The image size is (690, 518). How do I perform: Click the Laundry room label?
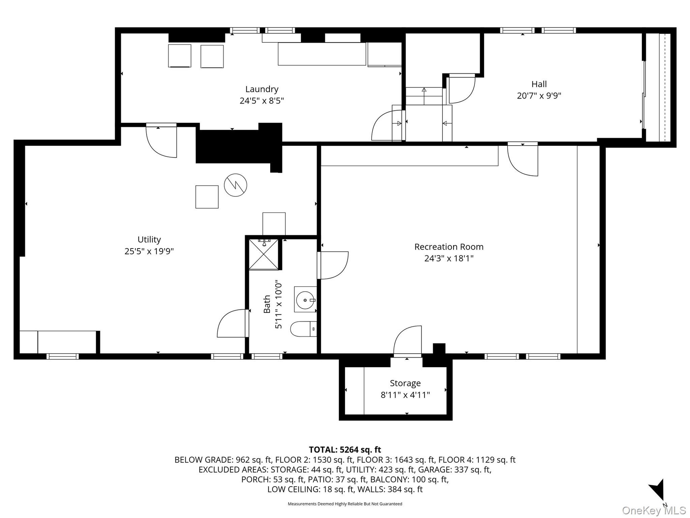coord(262,89)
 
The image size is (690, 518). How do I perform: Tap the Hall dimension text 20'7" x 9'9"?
coord(539,96)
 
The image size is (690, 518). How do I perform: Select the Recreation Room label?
coord(449,247)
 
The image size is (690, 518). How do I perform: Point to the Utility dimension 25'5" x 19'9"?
coord(149,251)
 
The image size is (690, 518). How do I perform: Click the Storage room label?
coord(405,383)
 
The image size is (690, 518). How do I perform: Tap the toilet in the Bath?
coord(303,329)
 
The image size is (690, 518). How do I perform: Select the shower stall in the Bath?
coord(264,254)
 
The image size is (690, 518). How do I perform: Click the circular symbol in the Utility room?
coord(235,185)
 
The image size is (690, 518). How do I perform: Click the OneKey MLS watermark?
coord(654,510)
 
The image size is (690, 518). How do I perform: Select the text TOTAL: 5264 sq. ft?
coord(345,450)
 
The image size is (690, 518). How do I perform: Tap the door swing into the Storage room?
coord(407,341)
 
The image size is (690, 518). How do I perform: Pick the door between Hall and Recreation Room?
coord(523,159)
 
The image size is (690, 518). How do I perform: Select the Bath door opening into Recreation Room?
coord(333,265)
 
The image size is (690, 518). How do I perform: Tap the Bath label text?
coord(267,304)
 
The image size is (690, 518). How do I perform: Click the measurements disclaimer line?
coord(345,504)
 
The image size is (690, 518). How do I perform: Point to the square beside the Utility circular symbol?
coord(207,197)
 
